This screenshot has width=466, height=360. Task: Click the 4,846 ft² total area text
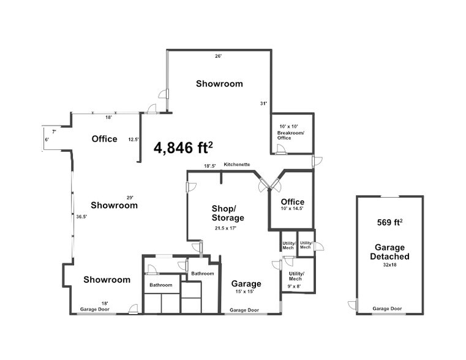coord(183,148)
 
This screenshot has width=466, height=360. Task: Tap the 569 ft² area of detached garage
coord(389,222)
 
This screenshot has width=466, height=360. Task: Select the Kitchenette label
coord(237,164)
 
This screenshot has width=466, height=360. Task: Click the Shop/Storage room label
coord(228,212)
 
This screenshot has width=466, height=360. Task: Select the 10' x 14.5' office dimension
coord(292,209)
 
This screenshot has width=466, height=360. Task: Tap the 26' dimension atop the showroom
coord(218,56)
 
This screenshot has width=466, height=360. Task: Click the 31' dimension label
coord(263,103)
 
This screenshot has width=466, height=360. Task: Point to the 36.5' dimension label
coord(81,216)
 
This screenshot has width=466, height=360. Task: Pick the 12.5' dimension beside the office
coord(133,139)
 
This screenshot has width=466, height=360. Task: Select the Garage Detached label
coord(389,252)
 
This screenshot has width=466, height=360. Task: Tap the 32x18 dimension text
coord(389,265)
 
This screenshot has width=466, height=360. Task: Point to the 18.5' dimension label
coord(209,166)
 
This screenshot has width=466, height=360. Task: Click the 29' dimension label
coord(130,197)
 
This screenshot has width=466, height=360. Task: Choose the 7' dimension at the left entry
coord(54,132)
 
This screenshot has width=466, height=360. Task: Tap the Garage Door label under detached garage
coord(388,309)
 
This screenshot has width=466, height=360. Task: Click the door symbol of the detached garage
coord(351,304)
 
